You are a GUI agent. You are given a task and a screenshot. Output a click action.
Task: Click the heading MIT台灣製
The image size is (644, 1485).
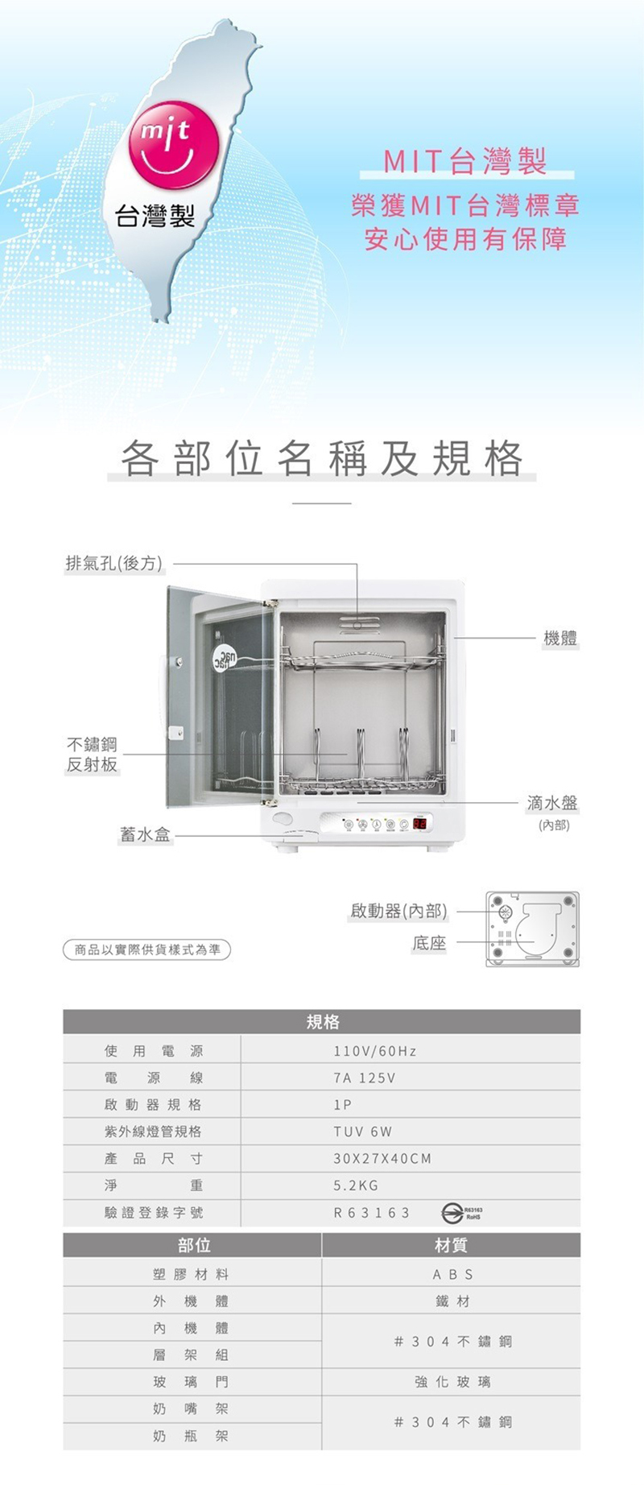[x=465, y=162]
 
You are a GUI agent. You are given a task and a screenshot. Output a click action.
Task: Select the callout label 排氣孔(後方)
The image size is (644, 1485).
[x=114, y=563]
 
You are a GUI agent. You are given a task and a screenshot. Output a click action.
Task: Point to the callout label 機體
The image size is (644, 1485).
[x=560, y=639]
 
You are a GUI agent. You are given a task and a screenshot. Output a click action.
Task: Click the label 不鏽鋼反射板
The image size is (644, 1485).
[x=92, y=755]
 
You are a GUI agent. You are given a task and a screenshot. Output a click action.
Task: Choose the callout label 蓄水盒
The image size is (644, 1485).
[x=145, y=835]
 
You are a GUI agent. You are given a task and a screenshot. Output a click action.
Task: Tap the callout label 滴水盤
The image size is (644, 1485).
[x=552, y=803]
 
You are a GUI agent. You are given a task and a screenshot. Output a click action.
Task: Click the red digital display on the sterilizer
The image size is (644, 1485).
[x=419, y=824]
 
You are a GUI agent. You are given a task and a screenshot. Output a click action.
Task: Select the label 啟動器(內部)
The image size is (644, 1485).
[x=398, y=911]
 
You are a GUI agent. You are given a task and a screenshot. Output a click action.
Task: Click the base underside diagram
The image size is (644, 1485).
[x=532, y=929]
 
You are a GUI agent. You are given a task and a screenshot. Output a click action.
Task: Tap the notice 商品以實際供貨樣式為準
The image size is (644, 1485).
[x=147, y=950]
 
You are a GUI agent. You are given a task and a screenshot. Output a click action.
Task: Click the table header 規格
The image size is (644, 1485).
[x=322, y=1022]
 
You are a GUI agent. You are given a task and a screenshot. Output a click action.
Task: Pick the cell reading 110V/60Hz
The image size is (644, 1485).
[x=374, y=1051]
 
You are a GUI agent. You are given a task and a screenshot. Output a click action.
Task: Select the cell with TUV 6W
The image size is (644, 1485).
[x=362, y=1131]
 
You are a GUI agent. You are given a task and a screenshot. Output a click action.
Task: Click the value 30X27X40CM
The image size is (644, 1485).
[x=382, y=1159]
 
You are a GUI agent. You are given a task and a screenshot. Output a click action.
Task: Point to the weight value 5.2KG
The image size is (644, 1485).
[x=356, y=1185]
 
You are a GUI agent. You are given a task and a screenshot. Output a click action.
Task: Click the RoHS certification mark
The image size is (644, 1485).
[x=461, y=1213]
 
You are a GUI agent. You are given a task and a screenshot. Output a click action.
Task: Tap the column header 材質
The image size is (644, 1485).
[x=451, y=1246]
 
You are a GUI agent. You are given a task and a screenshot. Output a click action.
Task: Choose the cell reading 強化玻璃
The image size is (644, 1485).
[x=452, y=1382]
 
